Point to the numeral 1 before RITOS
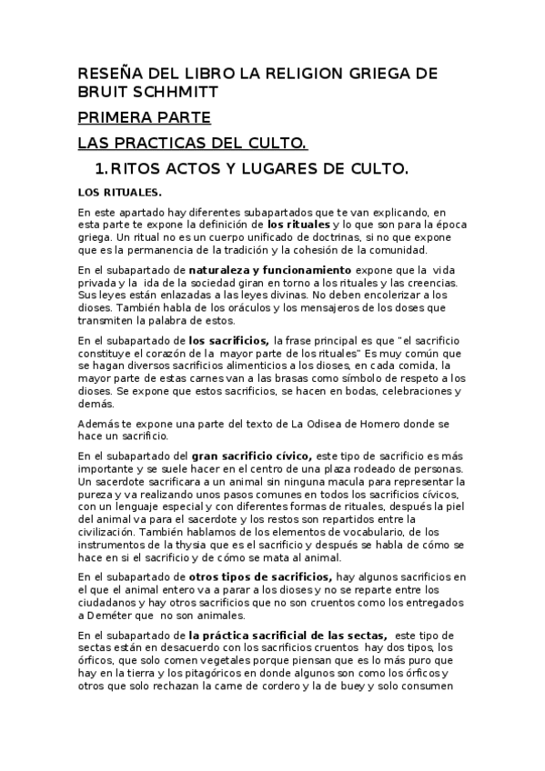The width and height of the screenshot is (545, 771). tap(100, 169)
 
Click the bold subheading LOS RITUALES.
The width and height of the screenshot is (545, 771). tap(120, 192)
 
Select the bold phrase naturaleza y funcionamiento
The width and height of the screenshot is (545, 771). tap(269, 270)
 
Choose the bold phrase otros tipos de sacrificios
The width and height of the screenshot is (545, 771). tap(260, 576)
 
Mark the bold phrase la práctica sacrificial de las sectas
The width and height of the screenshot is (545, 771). tap(288, 635)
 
